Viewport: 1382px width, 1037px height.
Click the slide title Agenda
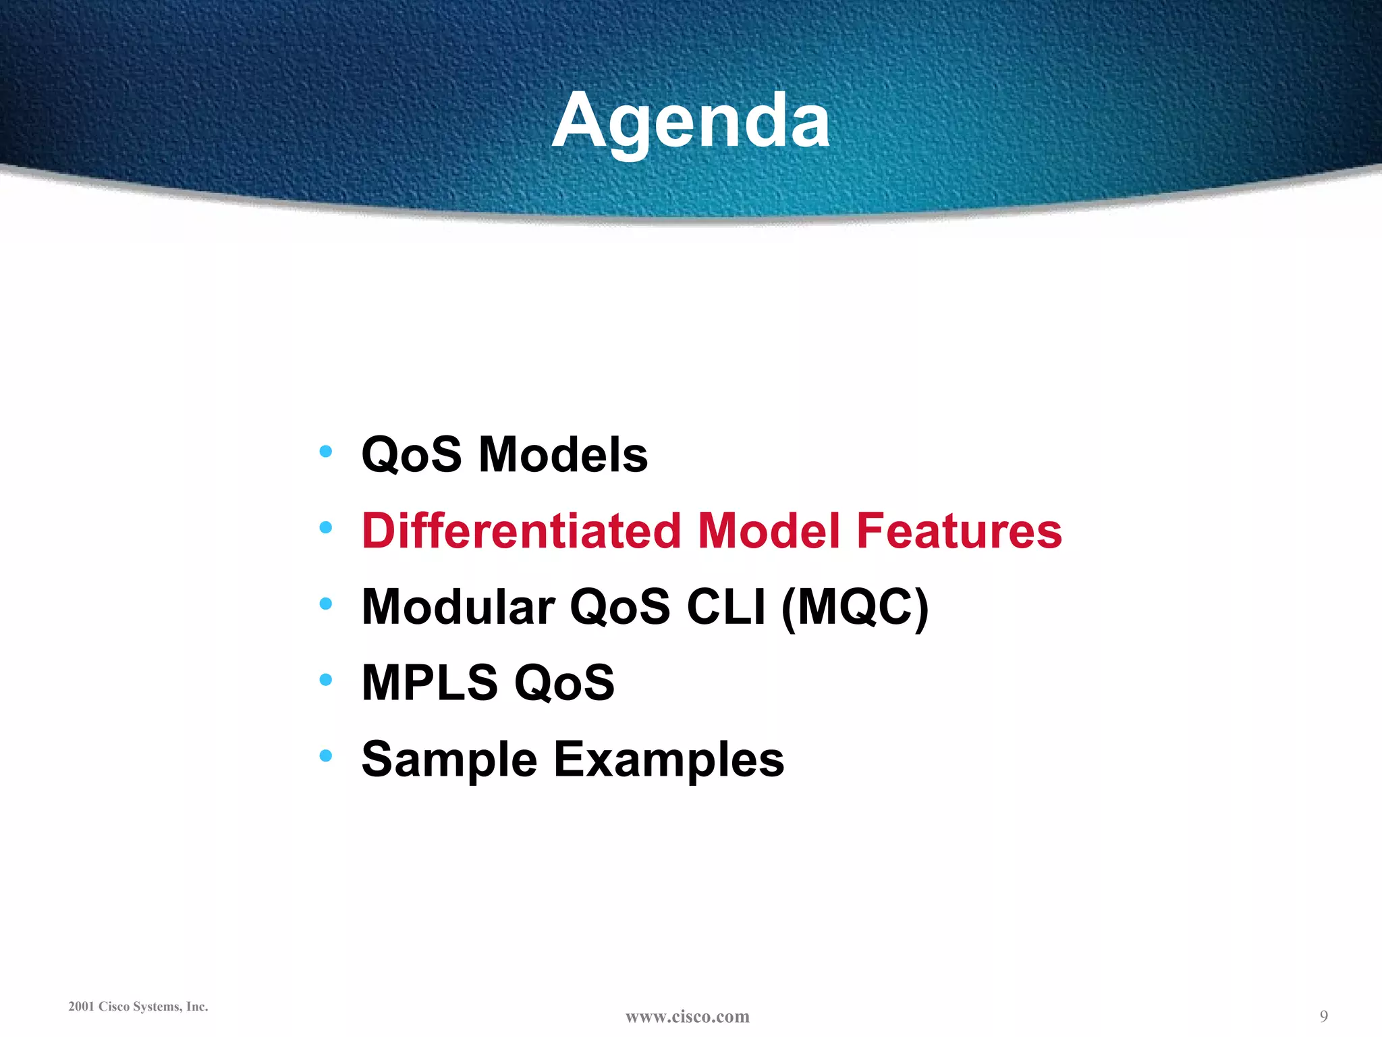pyautogui.click(x=691, y=122)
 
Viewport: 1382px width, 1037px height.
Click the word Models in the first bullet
pyautogui.click(x=563, y=454)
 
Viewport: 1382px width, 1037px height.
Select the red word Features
pyautogui.click(x=959, y=531)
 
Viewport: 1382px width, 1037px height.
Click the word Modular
pyautogui.click(x=458, y=607)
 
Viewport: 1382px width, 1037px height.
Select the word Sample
pyautogui.click(x=449, y=760)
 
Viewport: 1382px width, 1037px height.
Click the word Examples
pyautogui.click(x=669, y=760)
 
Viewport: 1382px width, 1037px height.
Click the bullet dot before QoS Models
pyautogui.click(x=326, y=451)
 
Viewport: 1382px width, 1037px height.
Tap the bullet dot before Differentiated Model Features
pyautogui.click(x=326, y=527)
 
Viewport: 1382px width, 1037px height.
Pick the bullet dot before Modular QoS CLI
pyautogui.click(x=326, y=604)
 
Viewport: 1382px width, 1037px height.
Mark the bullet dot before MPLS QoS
pyautogui.click(x=326, y=679)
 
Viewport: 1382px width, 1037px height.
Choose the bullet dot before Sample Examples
pyautogui.click(x=326, y=755)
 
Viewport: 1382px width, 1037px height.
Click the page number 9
pyautogui.click(x=1323, y=1016)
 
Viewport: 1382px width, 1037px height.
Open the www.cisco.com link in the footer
pyautogui.click(x=687, y=1017)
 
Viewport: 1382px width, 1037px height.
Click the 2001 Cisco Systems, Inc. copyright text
pyautogui.click(x=138, y=1007)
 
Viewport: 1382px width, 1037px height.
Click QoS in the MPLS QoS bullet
pyautogui.click(x=564, y=683)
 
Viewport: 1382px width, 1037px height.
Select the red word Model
pyautogui.click(x=769, y=531)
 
